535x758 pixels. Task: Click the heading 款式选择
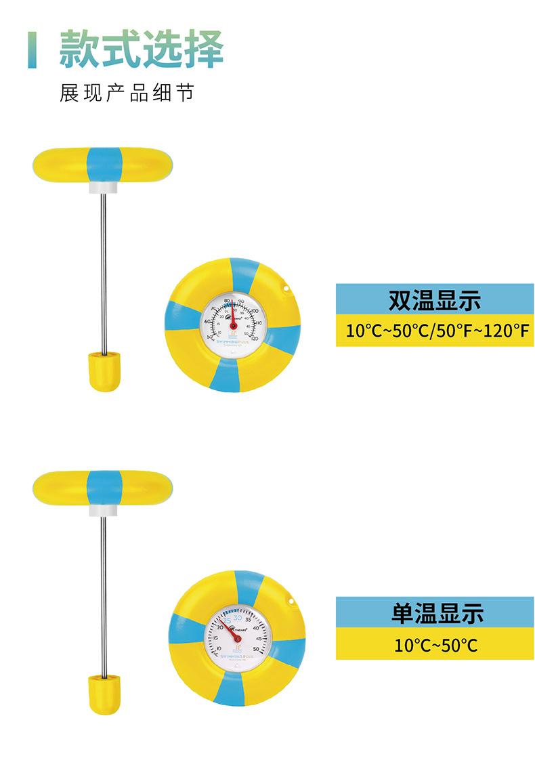point(141,49)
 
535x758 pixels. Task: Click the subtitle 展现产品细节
point(127,93)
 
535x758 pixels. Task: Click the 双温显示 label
point(434,300)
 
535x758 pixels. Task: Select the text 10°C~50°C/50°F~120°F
point(434,331)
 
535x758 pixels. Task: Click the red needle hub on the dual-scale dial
point(233,326)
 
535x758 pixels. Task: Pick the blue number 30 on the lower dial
point(238,616)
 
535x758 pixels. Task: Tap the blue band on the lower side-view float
point(104,487)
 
